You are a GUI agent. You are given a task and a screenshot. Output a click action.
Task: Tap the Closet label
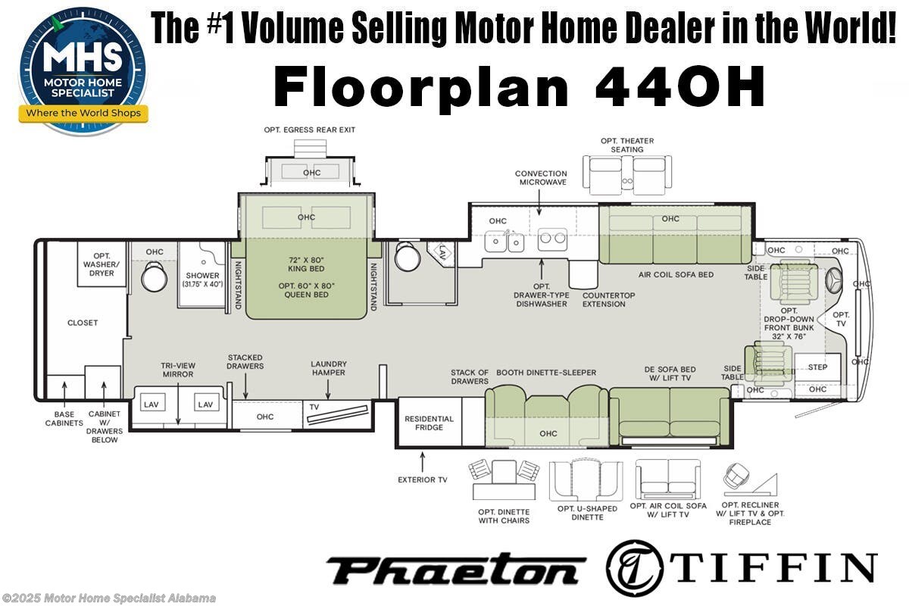83,323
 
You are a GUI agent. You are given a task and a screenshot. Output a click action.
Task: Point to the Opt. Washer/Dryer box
102,264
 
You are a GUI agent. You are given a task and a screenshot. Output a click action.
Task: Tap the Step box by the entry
817,367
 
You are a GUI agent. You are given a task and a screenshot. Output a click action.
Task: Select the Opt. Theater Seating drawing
626,173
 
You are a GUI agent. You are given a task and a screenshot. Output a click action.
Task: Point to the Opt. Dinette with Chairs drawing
504,480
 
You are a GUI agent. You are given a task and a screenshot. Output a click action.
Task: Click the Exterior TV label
423,479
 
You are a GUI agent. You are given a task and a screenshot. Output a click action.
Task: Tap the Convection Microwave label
541,178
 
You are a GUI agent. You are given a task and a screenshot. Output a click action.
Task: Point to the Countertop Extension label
604,299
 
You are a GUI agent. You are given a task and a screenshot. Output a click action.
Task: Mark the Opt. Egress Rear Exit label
309,130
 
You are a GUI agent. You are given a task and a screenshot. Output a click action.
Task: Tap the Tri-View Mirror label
177,369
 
